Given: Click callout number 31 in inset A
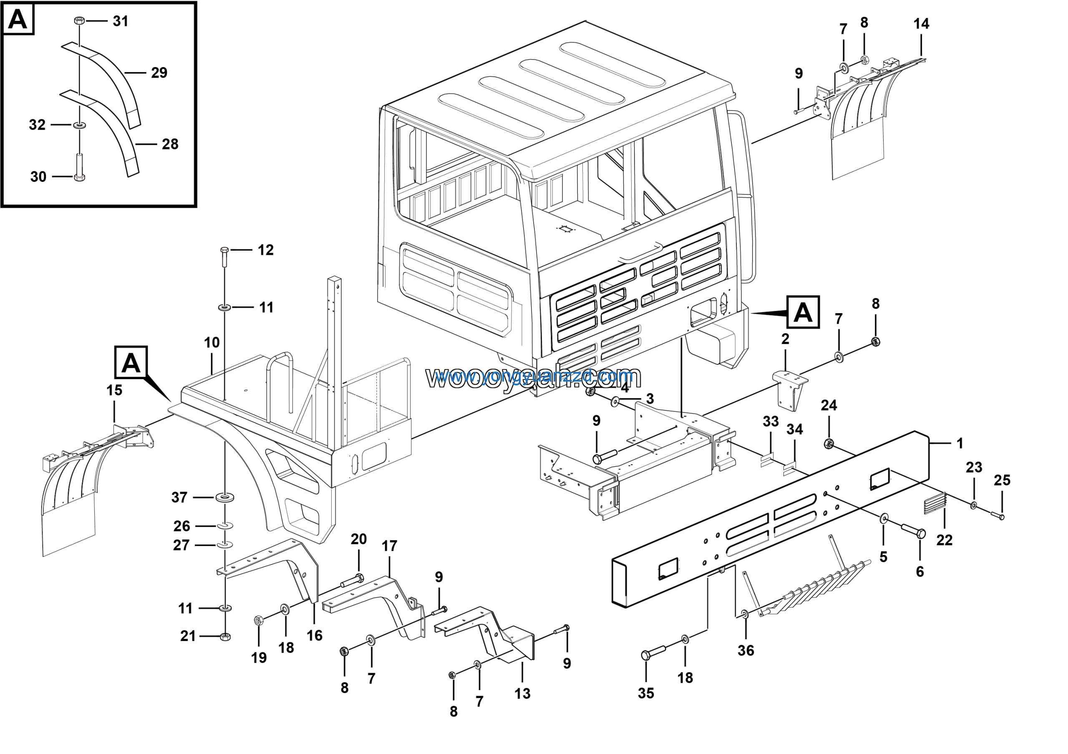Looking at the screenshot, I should click(x=121, y=21).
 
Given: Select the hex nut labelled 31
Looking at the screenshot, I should click(x=79, y=20).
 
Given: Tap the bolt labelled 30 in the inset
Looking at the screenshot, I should click(x=80, y=168).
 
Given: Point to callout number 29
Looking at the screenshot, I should click(x=159, y=73).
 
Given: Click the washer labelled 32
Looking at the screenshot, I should click(x=80, y=125).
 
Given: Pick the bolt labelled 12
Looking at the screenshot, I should click(x=224, y=257).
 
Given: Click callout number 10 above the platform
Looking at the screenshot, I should click(x=212, y=343).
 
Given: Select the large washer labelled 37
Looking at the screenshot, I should click(x=225, y=498).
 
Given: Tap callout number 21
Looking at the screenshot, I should click(x=188, y=636).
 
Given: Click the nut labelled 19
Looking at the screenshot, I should click(x=259, y=620).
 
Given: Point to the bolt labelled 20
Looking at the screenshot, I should click(x=352, y=581).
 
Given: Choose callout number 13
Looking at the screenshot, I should click(x=522, y=694).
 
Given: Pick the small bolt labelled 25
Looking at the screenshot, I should click(x=996, y=515).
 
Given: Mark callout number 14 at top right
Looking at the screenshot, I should click(x=921, y=24).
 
